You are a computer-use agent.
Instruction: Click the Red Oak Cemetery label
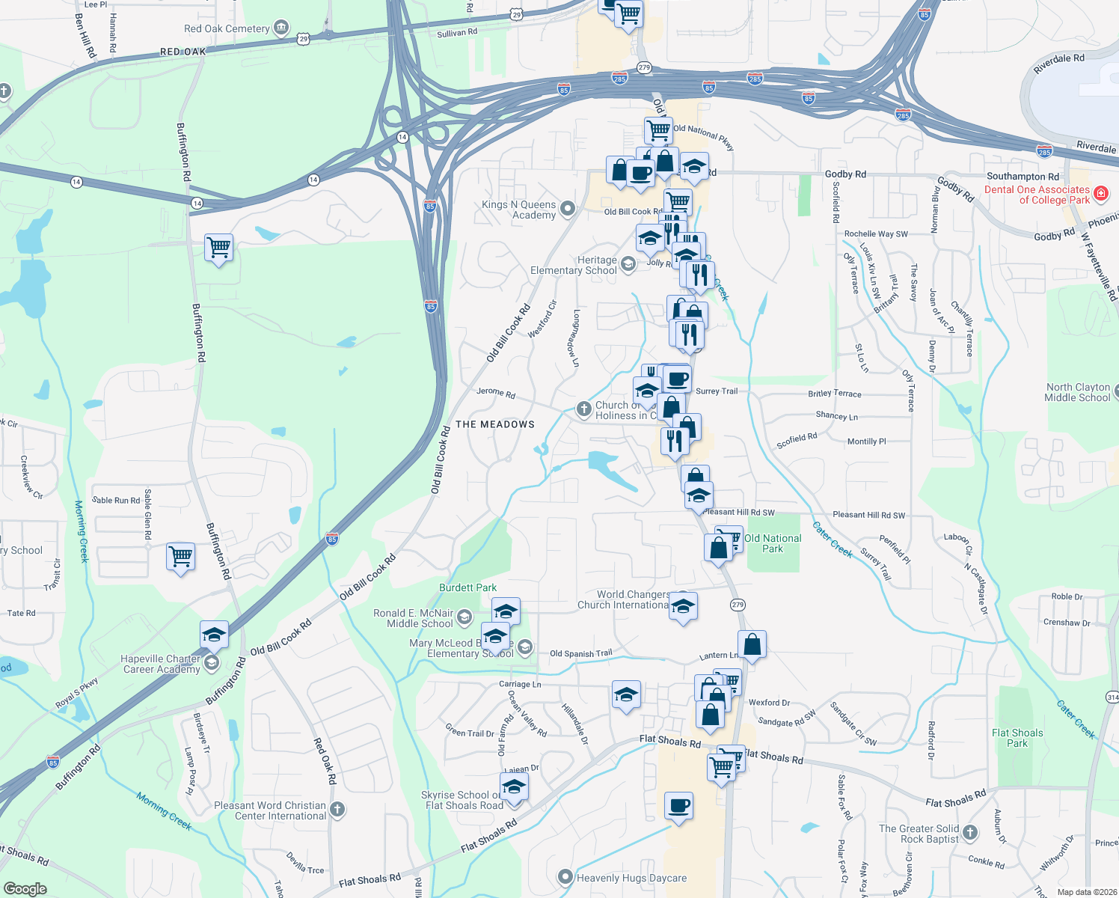tap(227, 29)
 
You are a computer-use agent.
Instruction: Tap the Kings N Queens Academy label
tap(518, 210)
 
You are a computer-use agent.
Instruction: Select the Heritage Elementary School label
tap(574, 265)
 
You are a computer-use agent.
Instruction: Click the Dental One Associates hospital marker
tap(1100, 195)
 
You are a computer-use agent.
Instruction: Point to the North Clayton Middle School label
tap(1077, 392)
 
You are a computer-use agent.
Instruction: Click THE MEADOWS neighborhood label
tap(495, 424)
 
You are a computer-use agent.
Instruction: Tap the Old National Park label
tap(773, 543)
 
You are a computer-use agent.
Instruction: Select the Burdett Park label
tap(467, 587)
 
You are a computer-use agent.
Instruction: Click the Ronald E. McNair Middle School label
tap(414, 618)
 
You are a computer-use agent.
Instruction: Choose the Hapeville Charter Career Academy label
tap(161, 664)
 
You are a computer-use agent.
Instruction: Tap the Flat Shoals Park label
tap(1017, 738)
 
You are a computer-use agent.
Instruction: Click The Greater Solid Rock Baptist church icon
tap(970, 832)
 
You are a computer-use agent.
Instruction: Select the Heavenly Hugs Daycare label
tap(631, 878)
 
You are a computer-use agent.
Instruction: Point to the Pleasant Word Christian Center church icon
tap(337, 809)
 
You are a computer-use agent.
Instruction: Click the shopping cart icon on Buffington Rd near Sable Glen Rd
tap(180, 556)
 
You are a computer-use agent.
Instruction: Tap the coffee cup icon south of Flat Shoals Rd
tap(678, 806)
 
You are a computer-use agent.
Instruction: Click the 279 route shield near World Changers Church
tap(738, 605)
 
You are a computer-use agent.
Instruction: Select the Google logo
tap(25, 888)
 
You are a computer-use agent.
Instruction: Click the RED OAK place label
tap(183, 52)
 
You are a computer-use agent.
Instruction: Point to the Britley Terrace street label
tap(834, 394)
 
